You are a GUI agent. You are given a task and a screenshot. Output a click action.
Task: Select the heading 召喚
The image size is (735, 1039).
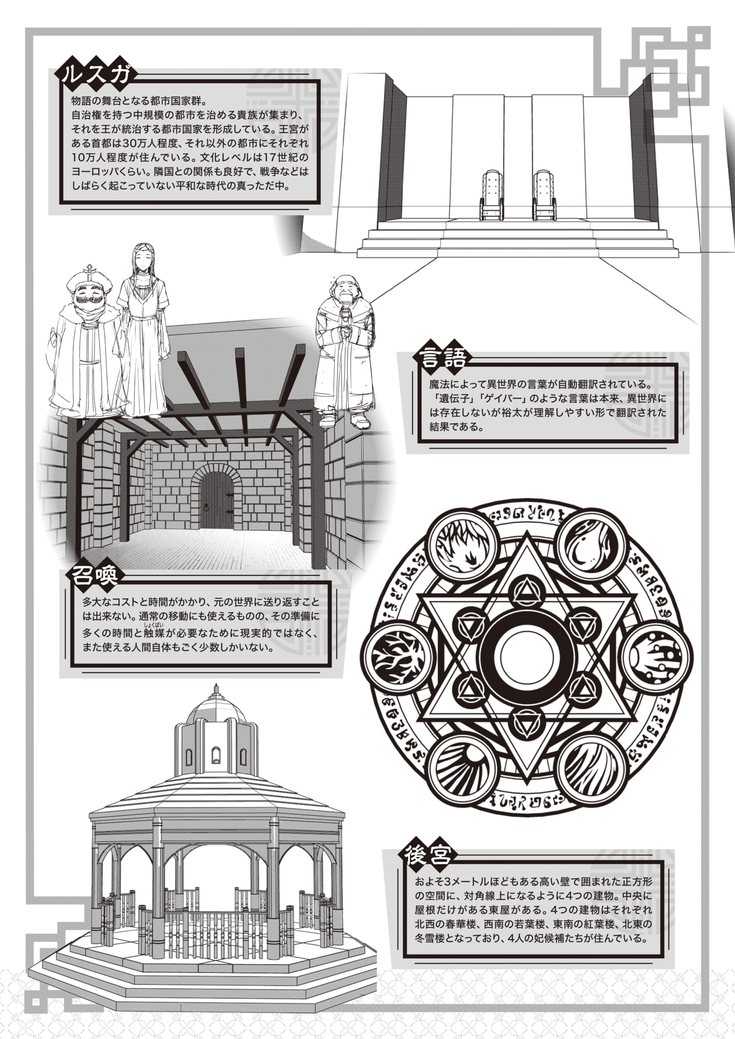coord(95,576)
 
